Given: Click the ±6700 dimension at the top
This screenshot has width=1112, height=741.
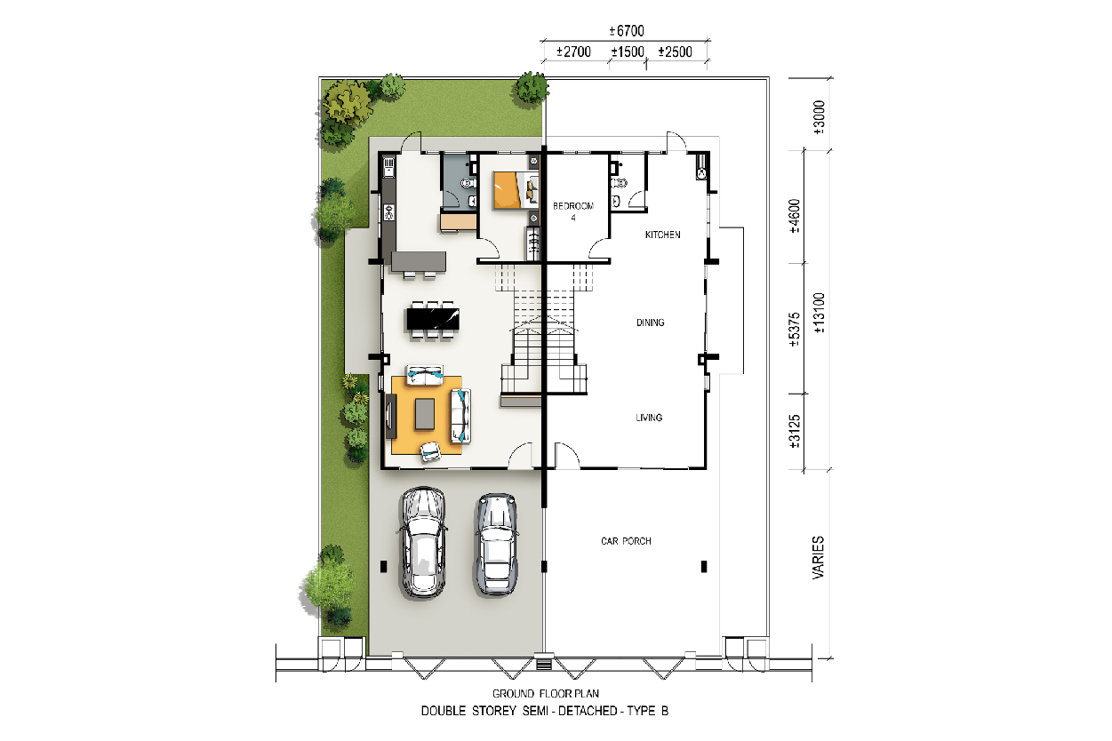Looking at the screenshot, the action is click(x=627, y=31).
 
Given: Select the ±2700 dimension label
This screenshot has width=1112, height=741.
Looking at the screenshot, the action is click(x=573, y=52).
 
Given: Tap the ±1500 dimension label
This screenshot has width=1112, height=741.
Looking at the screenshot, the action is click(x=628, y=52).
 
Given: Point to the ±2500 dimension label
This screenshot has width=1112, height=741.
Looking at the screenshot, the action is click(x=676, y=52).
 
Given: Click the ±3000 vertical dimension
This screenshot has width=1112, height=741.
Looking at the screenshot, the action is click(x=819, y=117).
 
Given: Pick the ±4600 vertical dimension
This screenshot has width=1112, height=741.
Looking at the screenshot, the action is click(x=795, y=216).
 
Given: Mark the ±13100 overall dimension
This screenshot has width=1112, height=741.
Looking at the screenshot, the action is click(x=819, y=313).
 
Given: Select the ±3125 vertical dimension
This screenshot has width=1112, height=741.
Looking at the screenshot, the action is click(x=795, y=431).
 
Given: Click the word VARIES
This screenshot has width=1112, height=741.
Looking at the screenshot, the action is click(x=818, y=557).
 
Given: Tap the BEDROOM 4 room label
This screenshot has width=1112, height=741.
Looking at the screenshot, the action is click(x=573, y=211).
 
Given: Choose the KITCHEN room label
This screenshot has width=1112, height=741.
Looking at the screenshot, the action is click(x=663, y=235).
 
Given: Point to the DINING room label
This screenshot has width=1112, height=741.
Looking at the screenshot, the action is click(x=651, y=323).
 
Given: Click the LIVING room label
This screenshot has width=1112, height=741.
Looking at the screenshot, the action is click(x=649, y=418).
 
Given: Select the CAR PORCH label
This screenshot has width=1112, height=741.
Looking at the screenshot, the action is click(x=626, y=541).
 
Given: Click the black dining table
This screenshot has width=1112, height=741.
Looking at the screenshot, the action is click(x=433, y=319).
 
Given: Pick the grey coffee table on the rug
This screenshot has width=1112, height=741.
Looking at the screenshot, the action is click(x=425, y=414).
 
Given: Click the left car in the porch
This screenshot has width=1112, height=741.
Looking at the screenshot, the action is click(x=423, y=543).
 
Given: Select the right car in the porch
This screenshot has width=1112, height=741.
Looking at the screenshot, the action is click(x=497, y=544).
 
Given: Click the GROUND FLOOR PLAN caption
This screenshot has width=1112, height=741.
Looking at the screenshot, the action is click(x=546, y=693).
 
